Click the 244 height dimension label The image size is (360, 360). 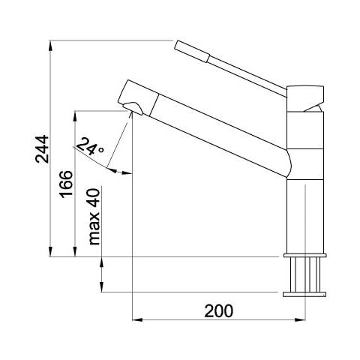point(42,149)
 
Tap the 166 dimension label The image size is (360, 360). point(67,184)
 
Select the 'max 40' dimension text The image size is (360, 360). point(94,217)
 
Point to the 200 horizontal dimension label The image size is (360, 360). point(219,311)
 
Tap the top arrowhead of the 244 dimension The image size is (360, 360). point(50,46)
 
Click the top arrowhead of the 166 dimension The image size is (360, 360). point(75,116)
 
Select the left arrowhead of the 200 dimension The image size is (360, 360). point(137,319)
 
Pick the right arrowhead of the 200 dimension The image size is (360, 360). point(300,319)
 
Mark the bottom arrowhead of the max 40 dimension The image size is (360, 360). point(102,286)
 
